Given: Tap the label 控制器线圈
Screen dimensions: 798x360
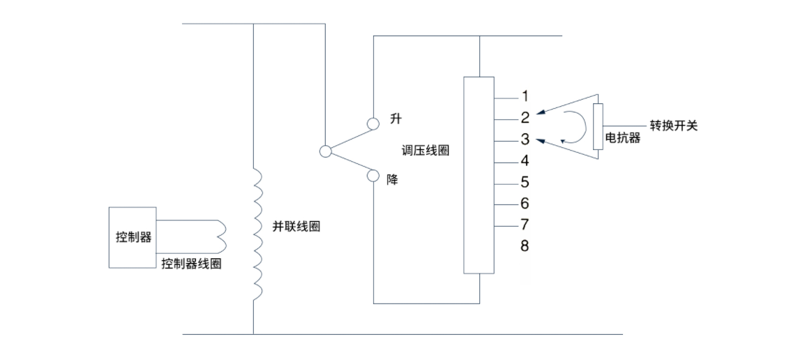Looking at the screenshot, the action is pos(191,264).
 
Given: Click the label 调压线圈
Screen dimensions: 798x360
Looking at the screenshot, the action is pos(426,151).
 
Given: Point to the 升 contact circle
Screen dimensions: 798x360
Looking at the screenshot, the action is pos(374,123).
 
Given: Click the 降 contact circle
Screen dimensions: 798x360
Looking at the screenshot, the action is pos(374,177).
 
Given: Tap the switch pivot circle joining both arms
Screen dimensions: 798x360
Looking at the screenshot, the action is pos(325,151).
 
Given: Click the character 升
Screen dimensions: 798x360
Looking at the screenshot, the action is pos(396,119).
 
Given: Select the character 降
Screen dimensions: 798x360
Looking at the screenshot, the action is pos(393,180).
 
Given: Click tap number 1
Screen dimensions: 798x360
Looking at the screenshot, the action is pos(525,96).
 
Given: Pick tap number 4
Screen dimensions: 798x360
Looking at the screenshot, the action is pos(525,161).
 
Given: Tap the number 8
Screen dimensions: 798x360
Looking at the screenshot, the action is pos(525,246).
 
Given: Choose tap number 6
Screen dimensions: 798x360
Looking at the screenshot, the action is pos(525,204).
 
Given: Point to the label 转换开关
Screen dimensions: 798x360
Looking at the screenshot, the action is pos(673,126).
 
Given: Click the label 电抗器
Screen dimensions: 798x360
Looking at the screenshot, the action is pos(622,138).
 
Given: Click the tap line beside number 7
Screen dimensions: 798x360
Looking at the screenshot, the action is pos(504,225).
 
